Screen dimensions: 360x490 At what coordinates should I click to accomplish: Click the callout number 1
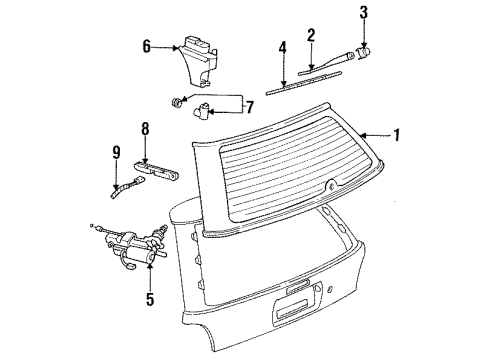tap(399, 133)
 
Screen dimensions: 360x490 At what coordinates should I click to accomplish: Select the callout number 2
tap(311, 35)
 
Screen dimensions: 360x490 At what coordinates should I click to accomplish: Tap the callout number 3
tap(363, 12)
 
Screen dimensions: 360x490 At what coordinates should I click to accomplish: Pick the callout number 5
tap(150, 298)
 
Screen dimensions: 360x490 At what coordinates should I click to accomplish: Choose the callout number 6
tap(146, 45)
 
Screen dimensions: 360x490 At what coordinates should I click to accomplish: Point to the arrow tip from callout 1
tap(364, 133)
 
